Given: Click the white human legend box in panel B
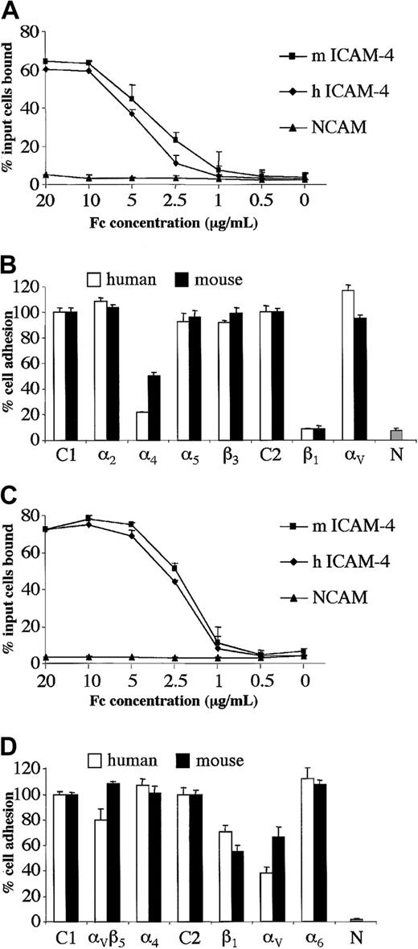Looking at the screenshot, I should [93, 280].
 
